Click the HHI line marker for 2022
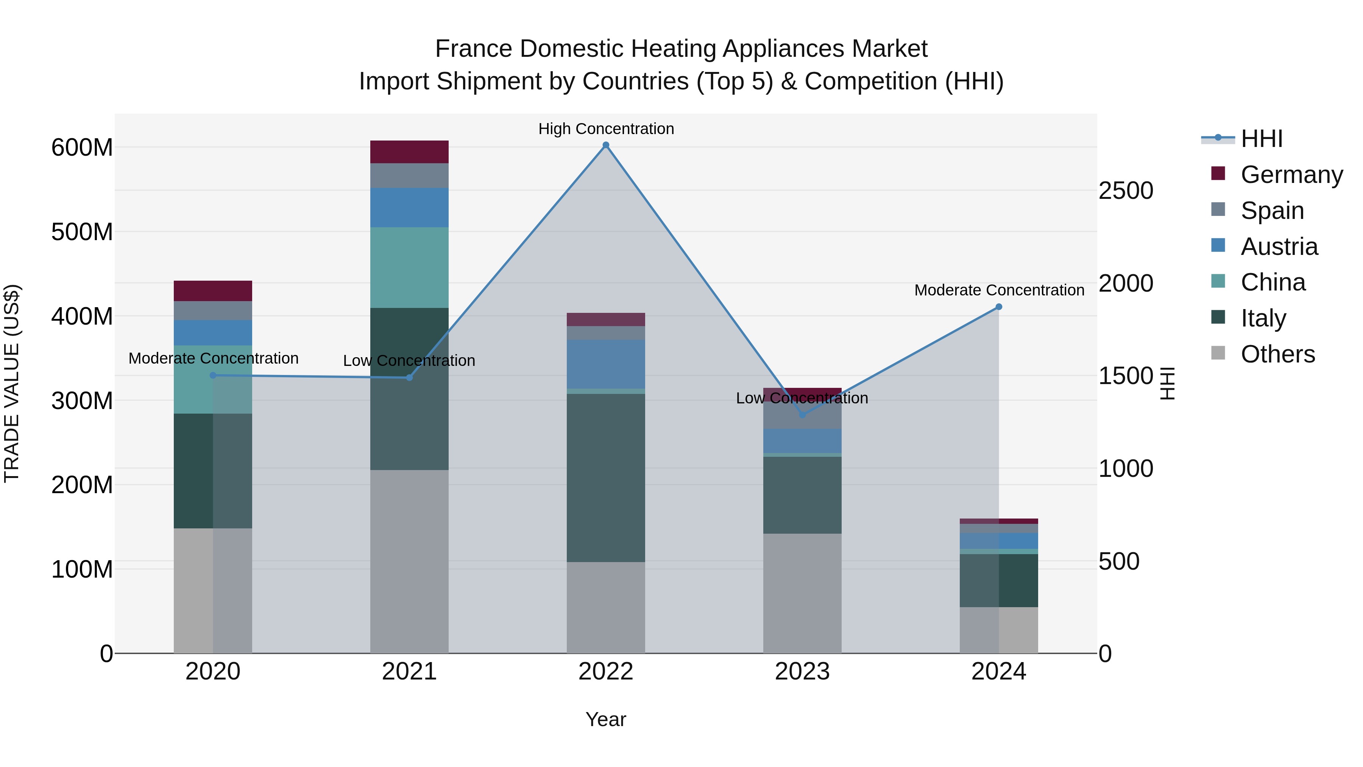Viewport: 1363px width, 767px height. point(606,145)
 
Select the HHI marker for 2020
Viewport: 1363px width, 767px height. point(213,375)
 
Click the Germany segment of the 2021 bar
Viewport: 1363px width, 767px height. point(409,152)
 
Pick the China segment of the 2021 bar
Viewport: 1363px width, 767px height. point(409,267)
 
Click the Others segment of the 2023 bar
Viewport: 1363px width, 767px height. point(802,593)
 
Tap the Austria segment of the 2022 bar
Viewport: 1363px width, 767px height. point(606,364)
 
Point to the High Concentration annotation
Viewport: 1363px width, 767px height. point(606,129)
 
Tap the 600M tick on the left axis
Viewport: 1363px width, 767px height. point(82,147)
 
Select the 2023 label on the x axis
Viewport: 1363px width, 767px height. point(802,672)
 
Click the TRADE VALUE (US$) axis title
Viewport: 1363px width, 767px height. point(12,383)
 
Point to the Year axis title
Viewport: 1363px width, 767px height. point(606,719)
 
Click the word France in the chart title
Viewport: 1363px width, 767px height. point(474,49)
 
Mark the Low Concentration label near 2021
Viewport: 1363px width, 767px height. point(409,361)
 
